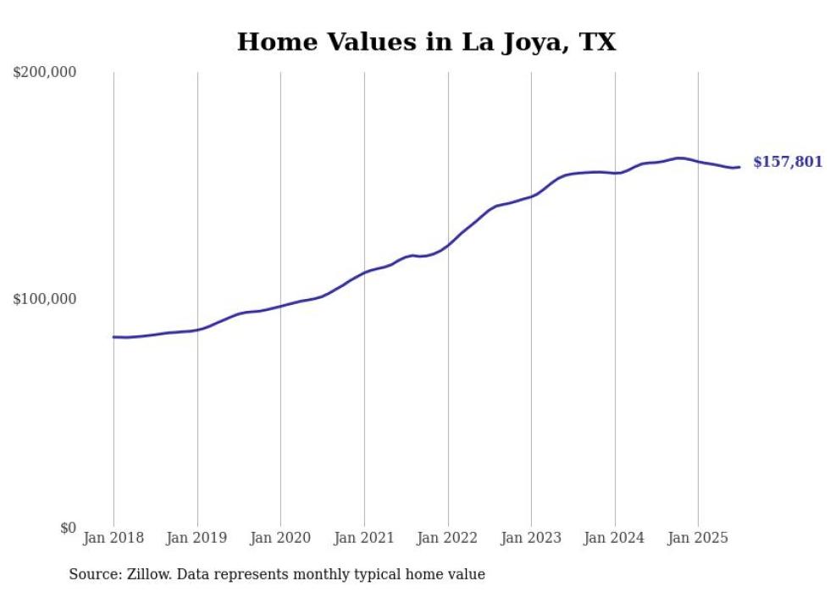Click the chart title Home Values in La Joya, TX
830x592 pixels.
coord(426,41)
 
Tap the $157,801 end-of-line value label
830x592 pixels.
coord(788,162)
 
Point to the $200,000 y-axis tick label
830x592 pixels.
coord(45,73)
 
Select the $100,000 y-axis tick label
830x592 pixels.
coord(45,300)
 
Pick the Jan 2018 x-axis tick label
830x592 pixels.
coord(113,538)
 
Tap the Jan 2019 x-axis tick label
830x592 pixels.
coord(197,538)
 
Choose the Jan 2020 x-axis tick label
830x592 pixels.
coord(280,538)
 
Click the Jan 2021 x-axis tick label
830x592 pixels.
coord(364,538)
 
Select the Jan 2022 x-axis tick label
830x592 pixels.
coord(447,538)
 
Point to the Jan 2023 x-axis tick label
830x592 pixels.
coord(531,538)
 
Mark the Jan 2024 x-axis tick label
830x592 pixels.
coord(614,538)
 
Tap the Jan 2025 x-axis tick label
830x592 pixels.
coord(698,538)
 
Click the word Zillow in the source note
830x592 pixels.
coord(146,575)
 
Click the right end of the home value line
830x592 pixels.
coord(739,167)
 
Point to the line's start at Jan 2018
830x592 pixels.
coord(114,337)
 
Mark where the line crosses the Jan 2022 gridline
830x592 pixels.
coord(448,245)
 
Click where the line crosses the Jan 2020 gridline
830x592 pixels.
coord(281,306)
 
